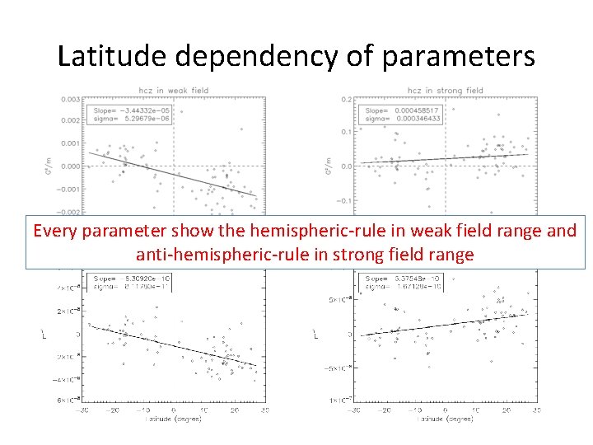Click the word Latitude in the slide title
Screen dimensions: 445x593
point(106,55)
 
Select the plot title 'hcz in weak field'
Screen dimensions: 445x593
point(171,91)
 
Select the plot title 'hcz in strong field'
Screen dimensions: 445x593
point(445,91)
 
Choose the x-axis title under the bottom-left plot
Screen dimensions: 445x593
point(173,419)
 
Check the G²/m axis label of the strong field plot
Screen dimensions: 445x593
point(328,166)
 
